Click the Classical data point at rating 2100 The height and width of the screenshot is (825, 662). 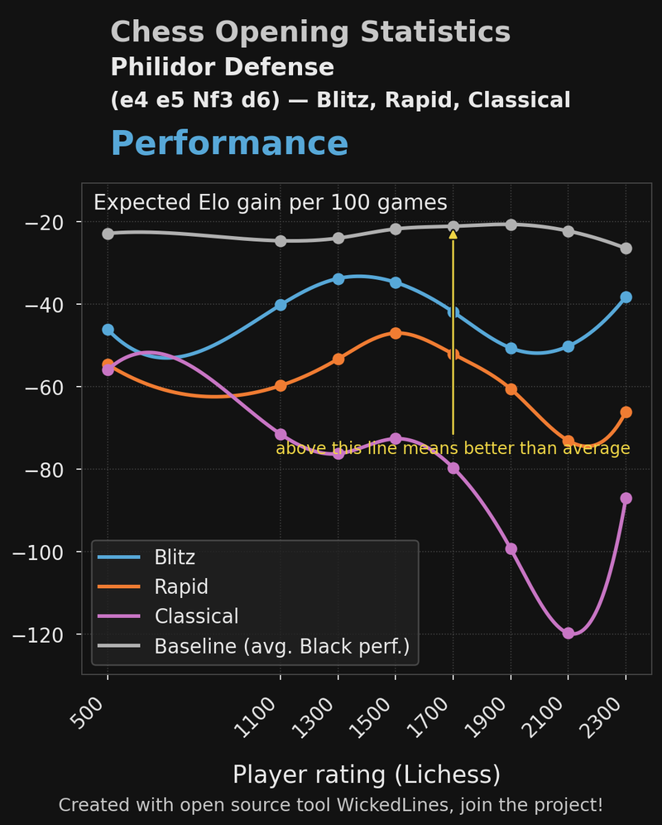568,634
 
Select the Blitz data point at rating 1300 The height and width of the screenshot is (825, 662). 338,279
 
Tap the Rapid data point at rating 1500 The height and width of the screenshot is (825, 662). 396,333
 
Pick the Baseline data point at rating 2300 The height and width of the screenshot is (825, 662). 626,248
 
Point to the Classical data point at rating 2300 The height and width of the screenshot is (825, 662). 626,498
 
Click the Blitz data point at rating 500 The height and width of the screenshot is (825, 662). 108,330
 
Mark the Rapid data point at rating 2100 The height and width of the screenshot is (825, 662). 568,441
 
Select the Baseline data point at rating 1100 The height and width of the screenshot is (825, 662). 281,241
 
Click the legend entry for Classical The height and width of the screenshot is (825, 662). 196,616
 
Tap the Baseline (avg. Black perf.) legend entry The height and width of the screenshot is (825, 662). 281,646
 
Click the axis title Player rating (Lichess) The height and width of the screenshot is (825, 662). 367,774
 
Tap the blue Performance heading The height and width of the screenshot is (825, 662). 229,143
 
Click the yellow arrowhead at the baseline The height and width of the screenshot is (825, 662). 453,234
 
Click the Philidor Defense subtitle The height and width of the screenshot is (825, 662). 222,67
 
